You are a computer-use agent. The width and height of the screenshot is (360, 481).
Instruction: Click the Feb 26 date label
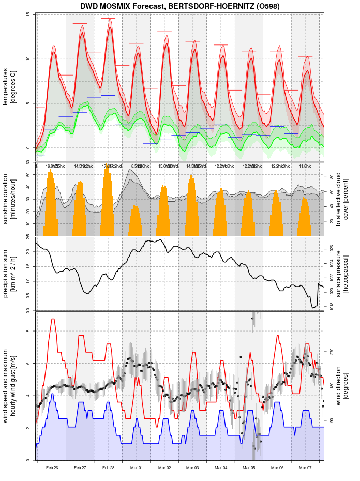(x=52, y=468)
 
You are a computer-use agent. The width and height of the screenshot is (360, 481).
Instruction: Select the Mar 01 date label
(x=137, y=468)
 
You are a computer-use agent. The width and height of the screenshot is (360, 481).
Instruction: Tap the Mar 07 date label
(x=305, y=468)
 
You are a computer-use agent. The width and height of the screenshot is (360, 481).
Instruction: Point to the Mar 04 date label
(x=221, y=468)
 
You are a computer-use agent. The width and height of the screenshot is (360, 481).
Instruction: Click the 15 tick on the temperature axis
(x=28, y=14)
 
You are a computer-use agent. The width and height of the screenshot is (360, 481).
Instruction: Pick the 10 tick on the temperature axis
(x=28, y=59)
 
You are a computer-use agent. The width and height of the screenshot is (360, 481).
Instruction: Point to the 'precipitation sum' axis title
(x=9, y=273)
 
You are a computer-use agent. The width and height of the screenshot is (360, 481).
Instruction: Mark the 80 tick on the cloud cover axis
(x=332, y=177)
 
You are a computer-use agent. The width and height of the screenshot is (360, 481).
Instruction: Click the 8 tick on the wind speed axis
(x=28, y=331)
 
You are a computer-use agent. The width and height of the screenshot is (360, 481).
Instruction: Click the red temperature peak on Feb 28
(x=110, y=27)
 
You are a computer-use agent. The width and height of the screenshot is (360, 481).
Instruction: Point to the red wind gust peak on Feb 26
(x=53, y=319)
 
